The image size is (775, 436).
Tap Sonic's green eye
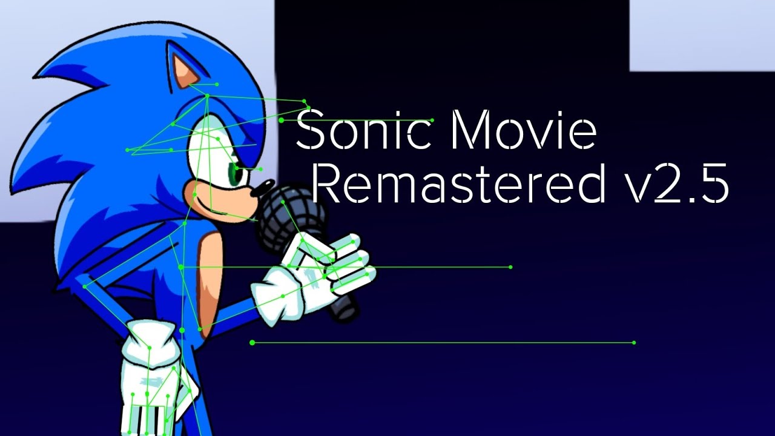(x=237, y=175)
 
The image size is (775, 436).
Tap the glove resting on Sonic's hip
(x=151, y=375)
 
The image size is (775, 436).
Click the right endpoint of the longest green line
(x=634, y=343)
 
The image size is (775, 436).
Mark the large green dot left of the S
(x=282, y=120)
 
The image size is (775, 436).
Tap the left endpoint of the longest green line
(x=252, y=343)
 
